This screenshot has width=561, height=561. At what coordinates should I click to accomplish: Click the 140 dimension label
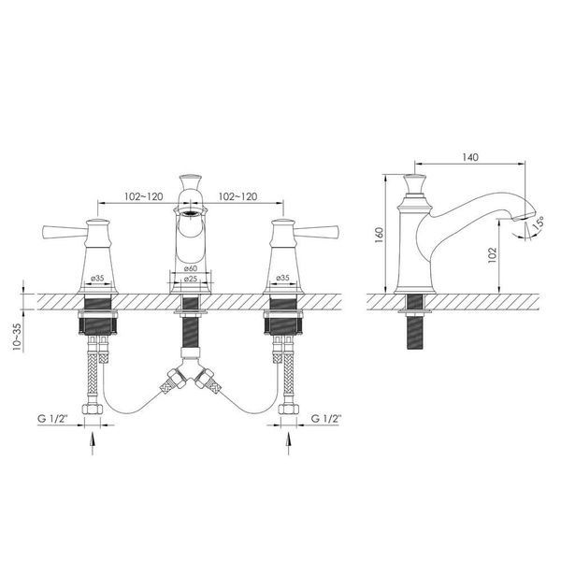tap(470, 157)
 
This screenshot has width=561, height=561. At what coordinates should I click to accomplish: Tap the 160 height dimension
tap(379, 235)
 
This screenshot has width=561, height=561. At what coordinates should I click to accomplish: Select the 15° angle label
tap(538, 223)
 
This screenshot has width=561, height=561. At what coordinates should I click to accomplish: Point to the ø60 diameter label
tap(191, 268)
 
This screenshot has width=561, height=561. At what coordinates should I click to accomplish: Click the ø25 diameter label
tap(191, 279)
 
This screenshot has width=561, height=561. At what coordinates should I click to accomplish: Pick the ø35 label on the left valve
tap(97, 278)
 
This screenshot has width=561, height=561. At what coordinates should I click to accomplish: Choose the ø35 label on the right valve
tap(282, 278)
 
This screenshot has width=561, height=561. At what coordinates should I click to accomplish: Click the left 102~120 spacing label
tap(143, 196)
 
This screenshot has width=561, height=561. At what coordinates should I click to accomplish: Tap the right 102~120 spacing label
tap(237, 196)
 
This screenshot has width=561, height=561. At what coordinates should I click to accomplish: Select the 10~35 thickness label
tap(17, 337)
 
